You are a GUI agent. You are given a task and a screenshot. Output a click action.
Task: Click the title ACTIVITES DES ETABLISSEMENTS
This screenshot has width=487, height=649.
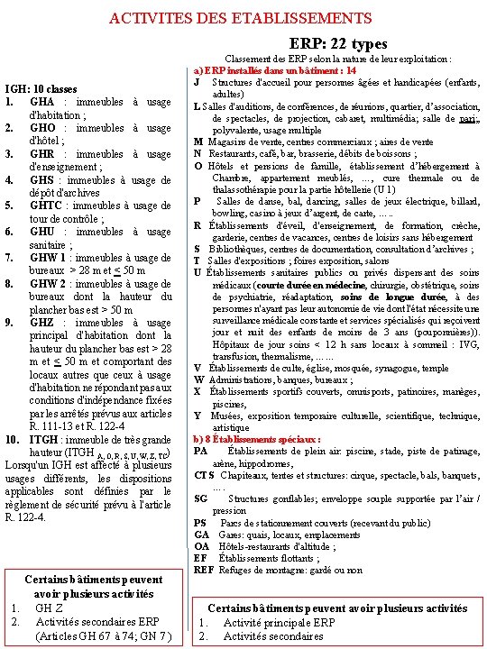click(x=239, y=18)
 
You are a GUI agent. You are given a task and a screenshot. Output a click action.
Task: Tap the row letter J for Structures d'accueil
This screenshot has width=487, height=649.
click(x=197, y=83)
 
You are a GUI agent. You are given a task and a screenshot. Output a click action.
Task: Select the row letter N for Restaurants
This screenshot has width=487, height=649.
click(x=198, y=153)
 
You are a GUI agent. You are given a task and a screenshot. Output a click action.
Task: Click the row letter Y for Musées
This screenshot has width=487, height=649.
click(x=198, y=416)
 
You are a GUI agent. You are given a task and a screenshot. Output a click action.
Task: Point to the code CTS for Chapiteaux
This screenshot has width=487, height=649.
click(x=204, y=475)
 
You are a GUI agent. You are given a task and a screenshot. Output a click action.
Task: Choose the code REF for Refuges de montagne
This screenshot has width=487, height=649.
click(x=204, y=570)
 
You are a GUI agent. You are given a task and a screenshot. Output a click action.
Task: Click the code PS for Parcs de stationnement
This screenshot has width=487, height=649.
click(x=200, y=523)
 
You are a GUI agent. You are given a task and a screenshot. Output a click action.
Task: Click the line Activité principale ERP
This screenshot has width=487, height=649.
click(x=280, y=623)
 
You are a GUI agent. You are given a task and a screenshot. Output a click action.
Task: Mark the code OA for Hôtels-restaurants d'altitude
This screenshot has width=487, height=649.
click(x=202, y=546)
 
